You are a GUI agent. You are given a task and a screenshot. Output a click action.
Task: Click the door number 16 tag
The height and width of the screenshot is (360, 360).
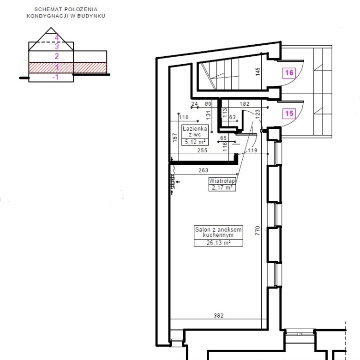289,73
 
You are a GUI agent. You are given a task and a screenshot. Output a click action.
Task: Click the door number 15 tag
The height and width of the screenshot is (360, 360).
289,114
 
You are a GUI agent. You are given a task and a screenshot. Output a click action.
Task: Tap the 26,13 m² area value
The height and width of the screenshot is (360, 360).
218,243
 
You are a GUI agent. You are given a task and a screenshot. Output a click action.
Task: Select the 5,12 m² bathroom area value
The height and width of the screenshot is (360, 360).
195,142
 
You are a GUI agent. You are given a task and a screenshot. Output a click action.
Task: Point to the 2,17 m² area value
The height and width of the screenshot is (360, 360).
222,187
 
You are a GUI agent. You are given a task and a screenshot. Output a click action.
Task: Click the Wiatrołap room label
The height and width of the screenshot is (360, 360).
222,181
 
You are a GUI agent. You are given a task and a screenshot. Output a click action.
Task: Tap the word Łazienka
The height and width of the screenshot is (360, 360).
195,129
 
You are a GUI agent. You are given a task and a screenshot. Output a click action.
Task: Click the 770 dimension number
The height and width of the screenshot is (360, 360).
258,230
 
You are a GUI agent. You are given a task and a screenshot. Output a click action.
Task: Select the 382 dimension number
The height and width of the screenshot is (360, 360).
219,315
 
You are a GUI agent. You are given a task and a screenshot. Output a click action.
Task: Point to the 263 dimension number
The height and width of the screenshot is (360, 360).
204,170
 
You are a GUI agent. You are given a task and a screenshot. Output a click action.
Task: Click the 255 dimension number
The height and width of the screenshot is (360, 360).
202,150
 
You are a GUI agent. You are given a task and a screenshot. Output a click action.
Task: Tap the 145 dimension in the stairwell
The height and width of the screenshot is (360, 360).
258,72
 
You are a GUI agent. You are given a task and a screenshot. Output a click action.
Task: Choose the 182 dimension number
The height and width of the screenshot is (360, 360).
245,104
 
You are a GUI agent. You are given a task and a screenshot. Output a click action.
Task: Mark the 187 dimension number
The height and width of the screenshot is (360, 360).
175,138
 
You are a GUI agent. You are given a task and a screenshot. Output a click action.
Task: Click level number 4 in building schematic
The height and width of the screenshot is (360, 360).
57,37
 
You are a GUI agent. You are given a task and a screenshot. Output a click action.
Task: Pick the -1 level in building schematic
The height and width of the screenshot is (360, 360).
55,77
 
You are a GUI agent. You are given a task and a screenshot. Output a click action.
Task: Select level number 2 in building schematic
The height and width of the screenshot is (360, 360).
57,56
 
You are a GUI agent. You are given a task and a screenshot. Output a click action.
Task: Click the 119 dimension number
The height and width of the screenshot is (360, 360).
252,150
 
